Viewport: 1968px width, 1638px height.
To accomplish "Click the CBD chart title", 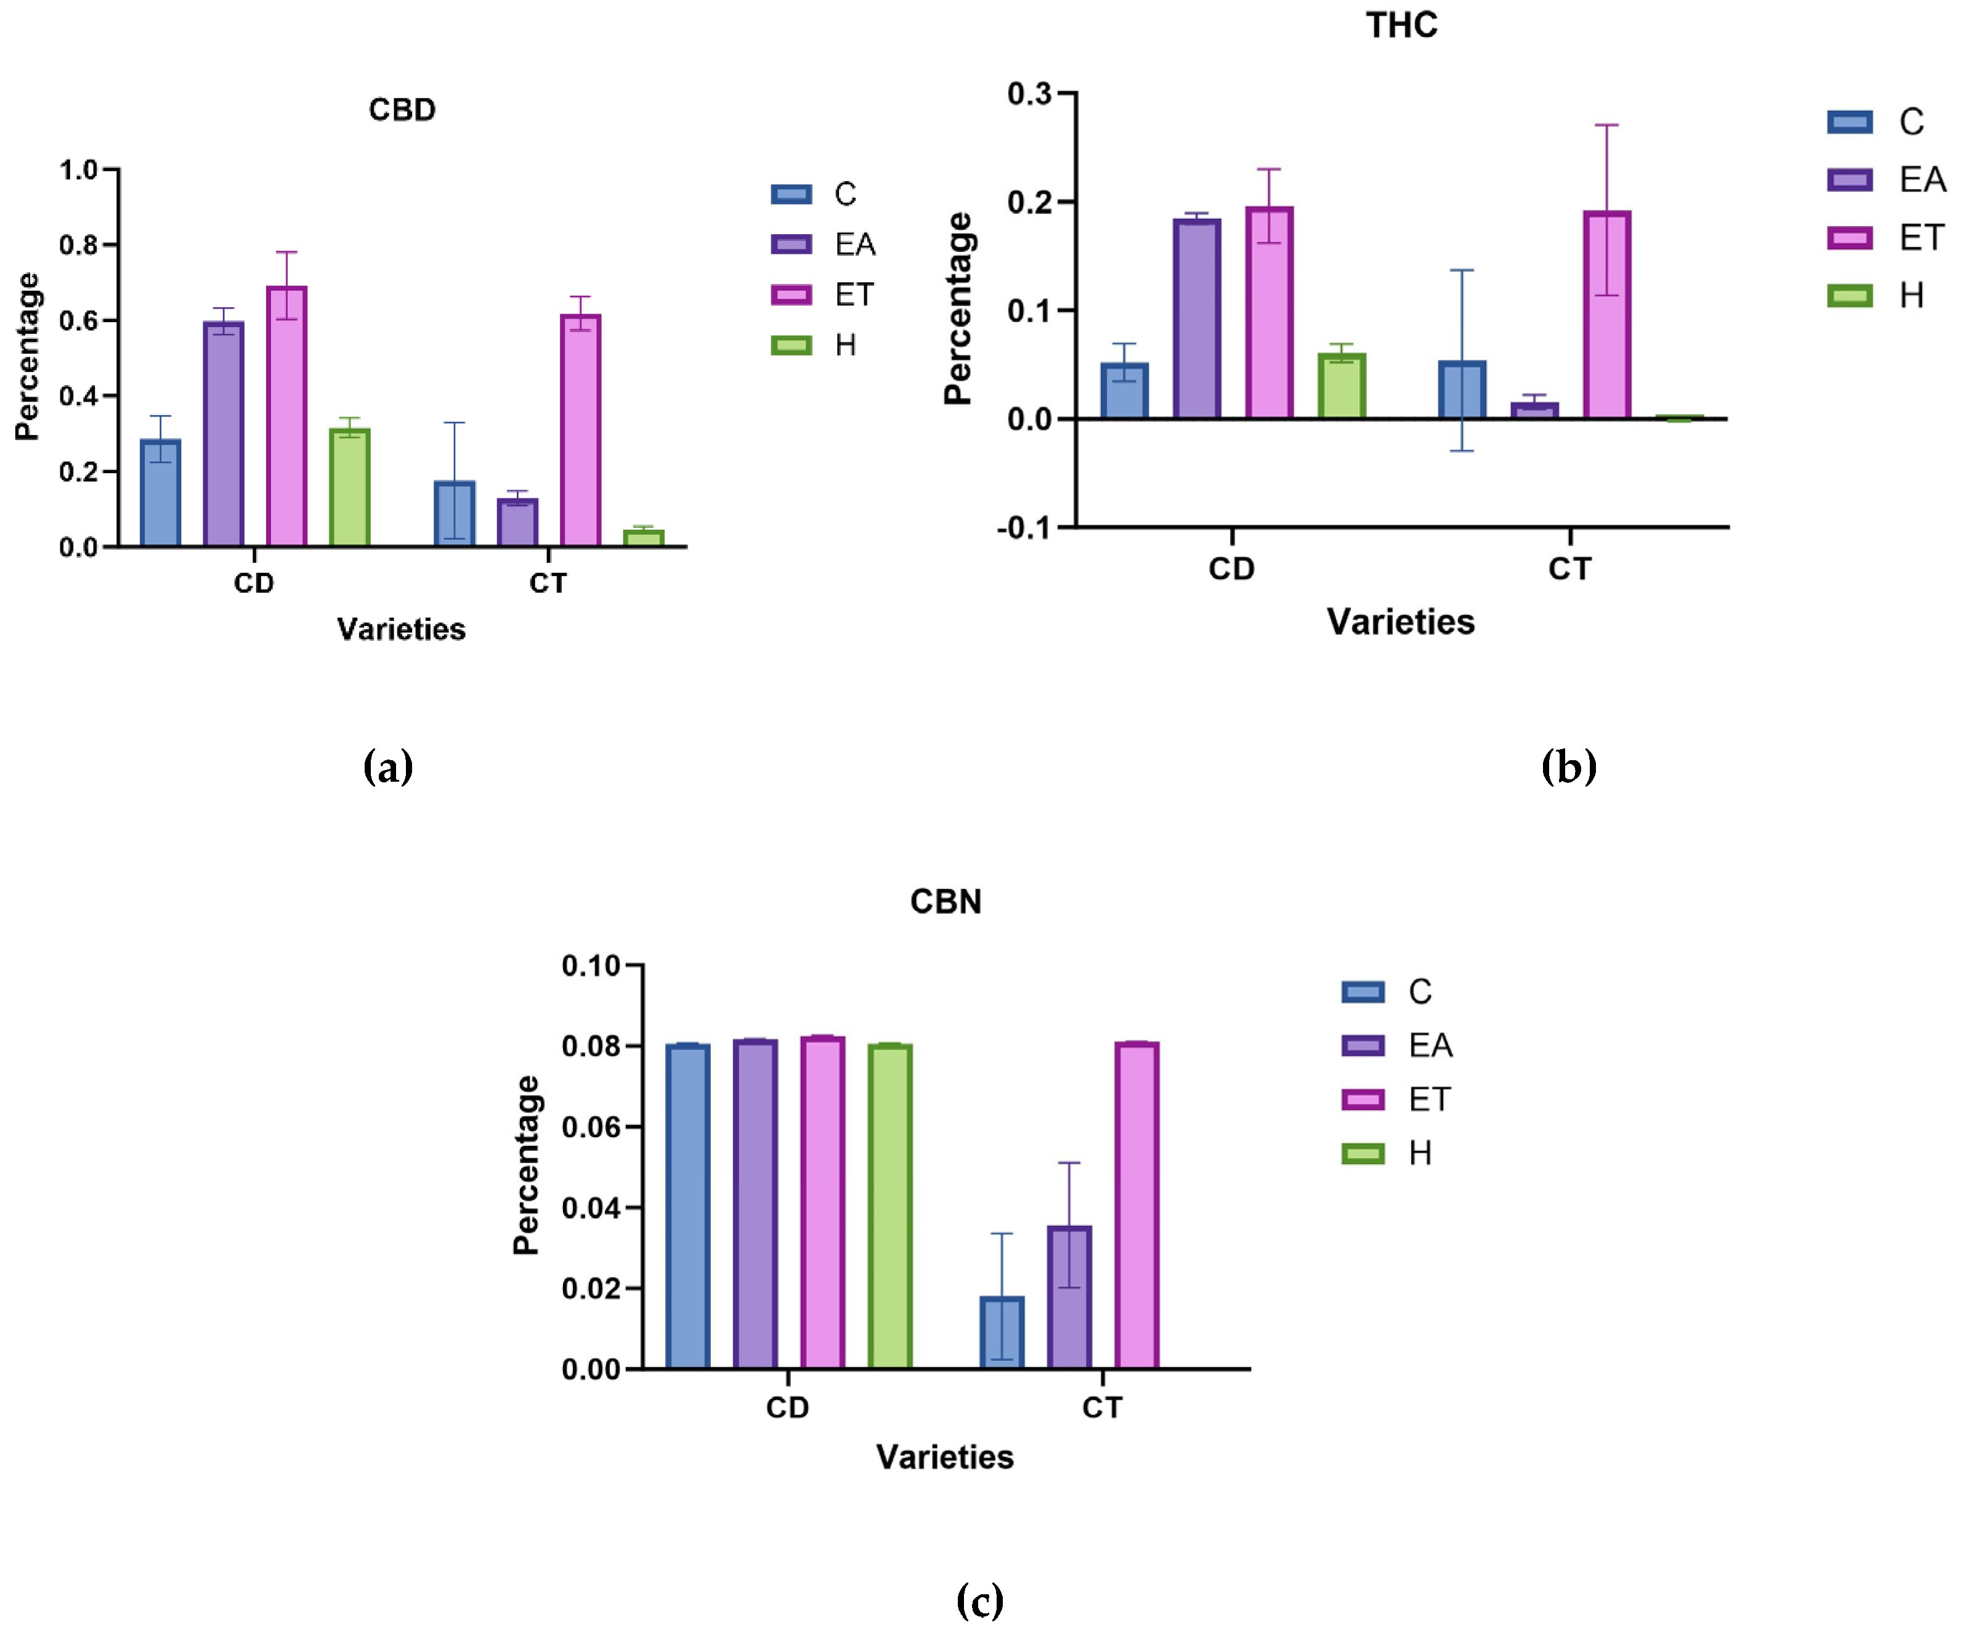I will pyautogui.click(x=402, y=110).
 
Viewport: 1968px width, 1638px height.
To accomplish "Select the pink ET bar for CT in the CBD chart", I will pyautogui.click(x=580, y=431).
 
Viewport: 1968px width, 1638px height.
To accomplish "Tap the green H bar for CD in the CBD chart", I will pyautogui.click(x=349, y=487).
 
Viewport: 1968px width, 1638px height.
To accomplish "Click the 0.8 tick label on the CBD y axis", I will pyautogui.click(x=79, y=246).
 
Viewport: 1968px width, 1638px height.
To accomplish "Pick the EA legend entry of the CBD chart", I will pyautogui.click(x=825, y=245).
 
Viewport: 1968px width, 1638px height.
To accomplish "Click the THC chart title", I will pyautogui.click(x=1401, y=25).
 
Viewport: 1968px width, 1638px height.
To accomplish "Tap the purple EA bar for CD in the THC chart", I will pyautogui.click(x=1197, y=318).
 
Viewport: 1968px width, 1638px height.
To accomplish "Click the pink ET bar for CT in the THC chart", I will pyautogui.click(x=1606, y=315).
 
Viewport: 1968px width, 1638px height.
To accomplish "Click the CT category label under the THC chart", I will pyautogui.click(x=1569, y=569).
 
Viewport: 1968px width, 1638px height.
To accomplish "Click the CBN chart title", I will pyautogui.click(x=946, y=901).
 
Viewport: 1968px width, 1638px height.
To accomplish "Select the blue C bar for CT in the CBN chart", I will pyautogui.click(x=1002, y=1332).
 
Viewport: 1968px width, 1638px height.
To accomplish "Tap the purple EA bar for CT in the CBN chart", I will pyautogui.click(x=1069, y=1298).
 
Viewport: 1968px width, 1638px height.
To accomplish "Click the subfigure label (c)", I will pyautogui.click(x=979, y=1600).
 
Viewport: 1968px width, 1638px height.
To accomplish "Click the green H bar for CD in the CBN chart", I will pyautogui.click(x=889, y=1207).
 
